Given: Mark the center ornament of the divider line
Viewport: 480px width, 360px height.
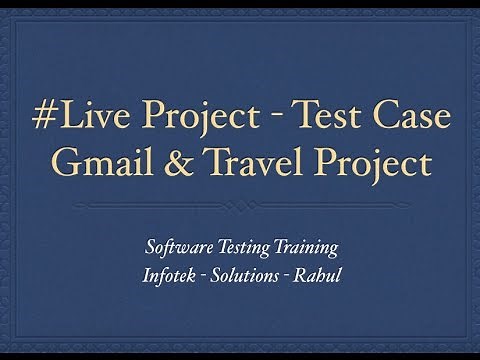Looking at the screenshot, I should (240, 205).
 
